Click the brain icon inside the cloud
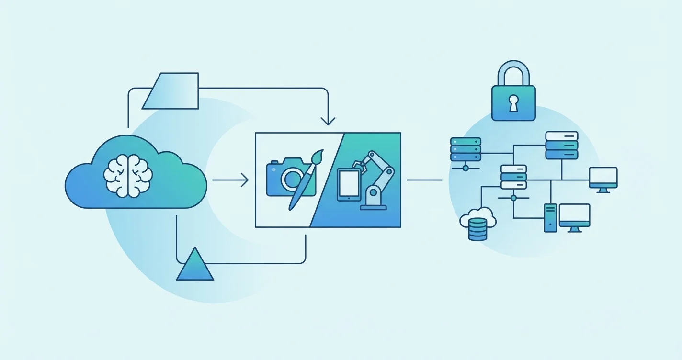pos(128,175)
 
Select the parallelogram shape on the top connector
pos(171,91)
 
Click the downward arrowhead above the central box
pos(328,121)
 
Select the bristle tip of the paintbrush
pos(318,157)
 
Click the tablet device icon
pos(349,185)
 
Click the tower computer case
pos(550,218)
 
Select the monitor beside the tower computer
pos(574,216)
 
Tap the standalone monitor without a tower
pos(603,179)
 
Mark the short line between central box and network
pos(424,180)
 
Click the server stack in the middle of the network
pos(513,177)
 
